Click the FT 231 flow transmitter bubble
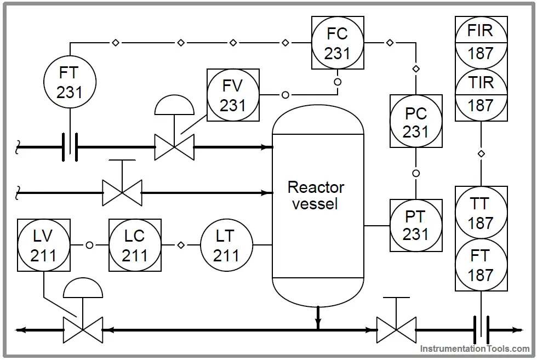click(x=70, y=82)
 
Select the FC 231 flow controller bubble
click(x=338, y=43)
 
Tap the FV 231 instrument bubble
click(x=233, y=95)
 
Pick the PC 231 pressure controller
click(x=416, y=121)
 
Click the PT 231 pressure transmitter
click(x=416, y=225)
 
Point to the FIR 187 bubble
click(x=481, y=43)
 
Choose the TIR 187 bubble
click(x=481, y=95)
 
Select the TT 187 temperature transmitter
click(x=481, y=213)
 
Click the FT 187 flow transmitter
click(x=481, y=265)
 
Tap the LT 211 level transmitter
click(x=226, y=245)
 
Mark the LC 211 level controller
click(x=135, y=245)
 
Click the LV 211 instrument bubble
click(x=44, y=245)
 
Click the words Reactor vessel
click(x=316, y=195)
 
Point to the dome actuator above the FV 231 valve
click(x=174, y=106)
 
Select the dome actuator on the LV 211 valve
click(x=83, y=288)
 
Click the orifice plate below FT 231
click(x=70, y=147)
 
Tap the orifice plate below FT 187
click(x=481, y=330)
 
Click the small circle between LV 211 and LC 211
click(x=89, y=245)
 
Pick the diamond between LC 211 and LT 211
click(x=181, y=245)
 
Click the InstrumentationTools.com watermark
click(x=475, y=348)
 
